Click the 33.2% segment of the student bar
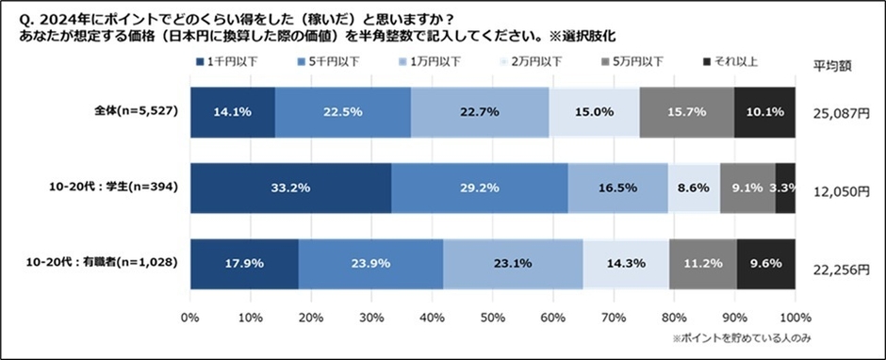point(290,188)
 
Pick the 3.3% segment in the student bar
point(785,188)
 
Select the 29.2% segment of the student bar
point(479,188)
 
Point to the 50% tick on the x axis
point(493,318)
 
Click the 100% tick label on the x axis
point(795,318)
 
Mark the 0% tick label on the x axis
point(190,318)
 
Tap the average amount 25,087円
point(839,114)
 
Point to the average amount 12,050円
point(839,190)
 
